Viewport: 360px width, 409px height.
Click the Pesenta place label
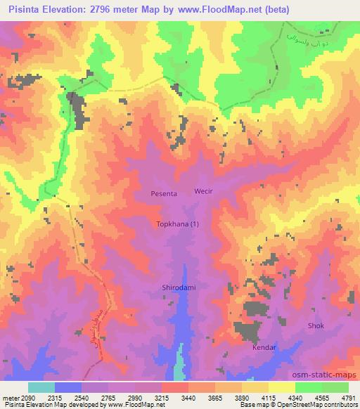(163, 193)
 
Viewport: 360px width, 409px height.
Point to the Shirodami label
(179, 287)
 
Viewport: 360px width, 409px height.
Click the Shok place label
(316, 325)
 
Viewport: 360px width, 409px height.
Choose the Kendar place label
(264, 348)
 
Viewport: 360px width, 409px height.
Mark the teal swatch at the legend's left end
(41, 387)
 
